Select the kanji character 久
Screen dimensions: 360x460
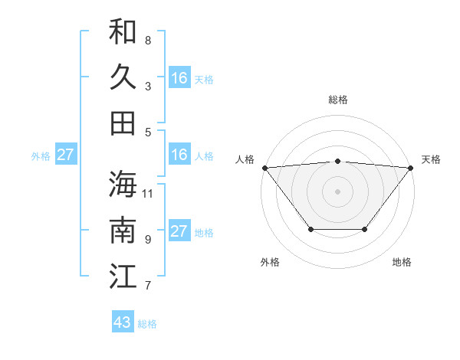click(123, 77)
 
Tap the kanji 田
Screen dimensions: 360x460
click(123, 123)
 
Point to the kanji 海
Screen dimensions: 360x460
click(123, 184)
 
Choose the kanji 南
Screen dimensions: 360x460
click(123, 230)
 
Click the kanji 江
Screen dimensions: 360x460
click(123, 277)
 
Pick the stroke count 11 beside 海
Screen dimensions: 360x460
click(148, 193)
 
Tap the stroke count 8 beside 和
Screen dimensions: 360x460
click(148, 40)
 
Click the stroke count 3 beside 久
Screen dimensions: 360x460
click(148, 86)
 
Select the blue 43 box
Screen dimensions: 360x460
click(123, 322)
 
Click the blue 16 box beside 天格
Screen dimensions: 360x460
click(179, 77)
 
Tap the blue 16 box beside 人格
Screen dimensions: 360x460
click(179, 155)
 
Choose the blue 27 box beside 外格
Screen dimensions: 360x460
click(66, 155)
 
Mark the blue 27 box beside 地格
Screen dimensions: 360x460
click(179, 231)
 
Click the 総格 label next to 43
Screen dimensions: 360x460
click(147, 324)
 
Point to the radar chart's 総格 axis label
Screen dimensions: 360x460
click(338, 100)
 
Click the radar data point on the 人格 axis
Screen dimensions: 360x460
click(264, 167)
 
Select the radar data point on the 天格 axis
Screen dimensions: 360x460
click(411, 167)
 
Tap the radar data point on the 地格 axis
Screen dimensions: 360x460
click(365, 229)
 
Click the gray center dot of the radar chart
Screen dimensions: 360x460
click(338, 191)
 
